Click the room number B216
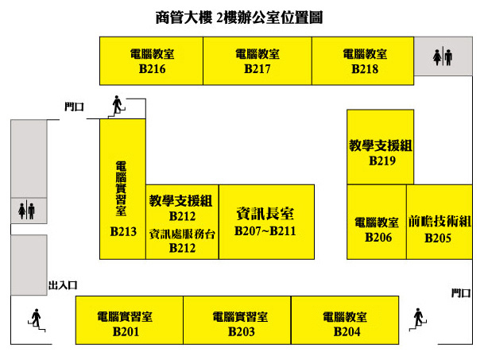coord(152,69)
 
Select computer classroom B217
coord(257,61)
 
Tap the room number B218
coord(365,69)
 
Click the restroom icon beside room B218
coord(443,56)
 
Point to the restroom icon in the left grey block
coord(26,211)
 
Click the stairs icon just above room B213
coord(118,106)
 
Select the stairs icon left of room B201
coord(37,319)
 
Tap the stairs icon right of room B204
coord(418,319)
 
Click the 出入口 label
coord(63,285)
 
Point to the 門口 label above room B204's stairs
coord(461,293)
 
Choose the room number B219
coord(382,161)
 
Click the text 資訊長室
coord(265,214)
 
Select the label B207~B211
coord(265,231)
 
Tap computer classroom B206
coord(377,222)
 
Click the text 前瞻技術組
coord(439,222)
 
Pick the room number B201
coord(126,331)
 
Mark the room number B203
coord(242,331)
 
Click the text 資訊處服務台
coord(182,234)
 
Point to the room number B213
coord(123,231)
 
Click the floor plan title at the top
coord(239,17)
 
